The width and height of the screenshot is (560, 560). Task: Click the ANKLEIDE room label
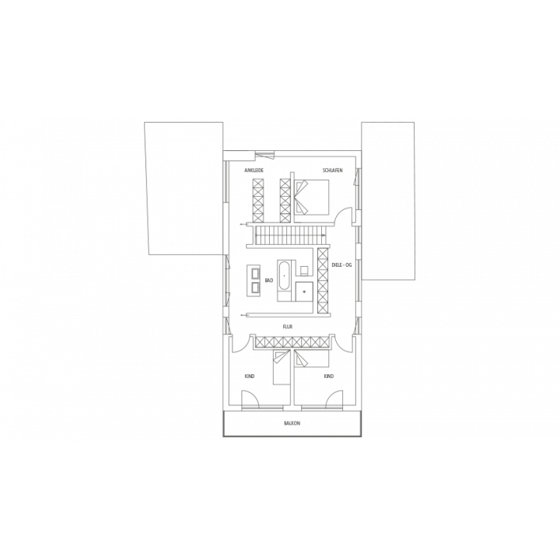point(254,170)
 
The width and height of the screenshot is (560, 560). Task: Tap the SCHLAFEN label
point(333,170)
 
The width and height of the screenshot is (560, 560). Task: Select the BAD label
point(269,280)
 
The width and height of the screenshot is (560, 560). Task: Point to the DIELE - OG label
point(341,265)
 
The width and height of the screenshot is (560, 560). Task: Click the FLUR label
point(288,327)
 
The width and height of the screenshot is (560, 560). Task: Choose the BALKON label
point(292,423)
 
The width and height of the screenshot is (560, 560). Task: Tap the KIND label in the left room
point(250,376)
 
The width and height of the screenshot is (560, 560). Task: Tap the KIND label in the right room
point(328,376)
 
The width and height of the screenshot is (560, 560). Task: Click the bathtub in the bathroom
point(285,276)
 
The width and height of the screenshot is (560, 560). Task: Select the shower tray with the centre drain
point(304,292)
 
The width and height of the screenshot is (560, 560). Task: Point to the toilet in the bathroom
point(305,271)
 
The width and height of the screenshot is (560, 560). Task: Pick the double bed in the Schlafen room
point(311,197)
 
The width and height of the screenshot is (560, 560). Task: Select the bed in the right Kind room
point(311,359)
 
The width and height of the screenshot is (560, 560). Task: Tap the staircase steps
point(290,236)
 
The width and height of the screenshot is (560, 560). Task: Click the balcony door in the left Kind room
point(250,399)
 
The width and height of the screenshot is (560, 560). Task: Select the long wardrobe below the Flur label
point(291,342)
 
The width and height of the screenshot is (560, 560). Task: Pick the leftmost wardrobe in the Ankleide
point(257,200)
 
